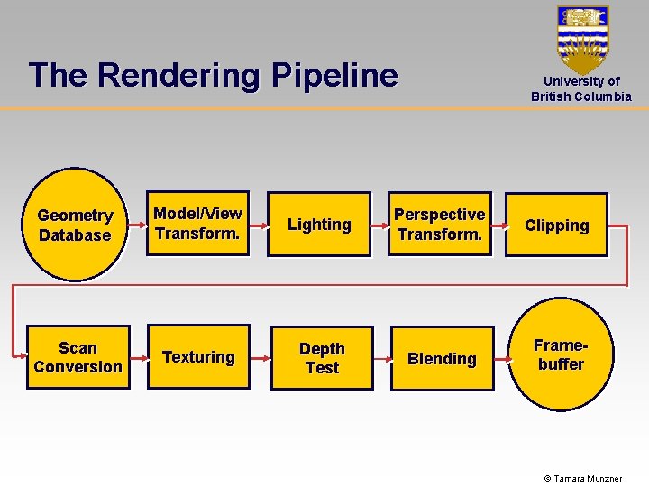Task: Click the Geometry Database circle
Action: point(75,225)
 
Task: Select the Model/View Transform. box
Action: point(197,224)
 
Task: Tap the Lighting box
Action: point(319,225)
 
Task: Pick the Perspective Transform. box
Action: point(440,225)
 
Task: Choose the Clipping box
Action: point(556,225)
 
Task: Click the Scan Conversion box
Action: point(78,357)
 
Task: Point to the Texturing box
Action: point(198,357)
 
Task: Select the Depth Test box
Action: point(322,358)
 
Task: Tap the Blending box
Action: point(442,359)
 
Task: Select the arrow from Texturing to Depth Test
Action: point(260,358)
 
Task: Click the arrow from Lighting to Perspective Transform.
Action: point(379,225)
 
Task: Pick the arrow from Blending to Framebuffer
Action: point(502,358)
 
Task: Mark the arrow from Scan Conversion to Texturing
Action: point(139,357)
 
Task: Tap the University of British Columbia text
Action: point(581,88)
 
